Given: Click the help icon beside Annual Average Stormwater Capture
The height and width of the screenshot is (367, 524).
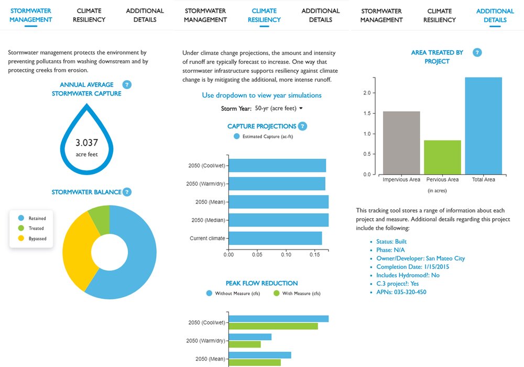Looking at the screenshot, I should (126, 85).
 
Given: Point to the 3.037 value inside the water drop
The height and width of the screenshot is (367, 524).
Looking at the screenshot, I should (86, 143).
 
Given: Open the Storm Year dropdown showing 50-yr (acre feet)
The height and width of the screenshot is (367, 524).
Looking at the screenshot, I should (278, 109).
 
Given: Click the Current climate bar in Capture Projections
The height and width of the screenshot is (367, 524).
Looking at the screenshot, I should (275, 239).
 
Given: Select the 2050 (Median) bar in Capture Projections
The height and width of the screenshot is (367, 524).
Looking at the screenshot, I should (278, 220).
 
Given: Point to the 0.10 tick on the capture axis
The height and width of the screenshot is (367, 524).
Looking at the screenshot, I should (286, 255).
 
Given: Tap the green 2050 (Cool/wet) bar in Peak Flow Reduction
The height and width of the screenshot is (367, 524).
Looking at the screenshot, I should (273, 326).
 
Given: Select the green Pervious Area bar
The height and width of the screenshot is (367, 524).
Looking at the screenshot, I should (442, 157).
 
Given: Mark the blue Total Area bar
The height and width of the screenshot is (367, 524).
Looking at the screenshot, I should (483, 126).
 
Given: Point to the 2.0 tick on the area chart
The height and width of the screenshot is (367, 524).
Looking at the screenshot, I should (367, 93).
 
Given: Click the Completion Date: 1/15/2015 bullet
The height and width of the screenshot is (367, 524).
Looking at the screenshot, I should (413, 267).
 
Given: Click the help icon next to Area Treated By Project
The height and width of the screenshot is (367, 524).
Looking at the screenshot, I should (477, 52).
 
